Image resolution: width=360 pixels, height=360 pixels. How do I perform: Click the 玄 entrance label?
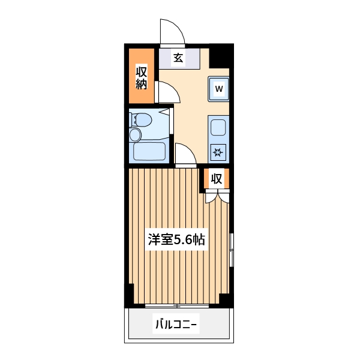(x=178, y=58)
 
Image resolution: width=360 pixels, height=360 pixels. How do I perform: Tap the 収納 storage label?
(x=141, y=77)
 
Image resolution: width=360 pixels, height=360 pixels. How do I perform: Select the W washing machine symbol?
(x=219, y=89)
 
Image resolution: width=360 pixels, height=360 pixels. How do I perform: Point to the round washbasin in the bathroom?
(x=136, y=134)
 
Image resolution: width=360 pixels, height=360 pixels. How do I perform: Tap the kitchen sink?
(x=218, y=127)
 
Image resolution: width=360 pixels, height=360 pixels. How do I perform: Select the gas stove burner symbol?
(x=218, y=152)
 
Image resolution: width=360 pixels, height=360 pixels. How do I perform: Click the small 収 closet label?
(x=217, y=178)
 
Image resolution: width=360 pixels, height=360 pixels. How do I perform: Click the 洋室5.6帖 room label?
(x=177, y=240)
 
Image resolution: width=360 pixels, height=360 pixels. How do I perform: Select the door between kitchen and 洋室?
(x=185, y=155)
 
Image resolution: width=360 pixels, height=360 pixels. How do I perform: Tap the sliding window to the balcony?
(x=177, y=306)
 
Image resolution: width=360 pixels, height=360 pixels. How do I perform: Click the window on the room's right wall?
(x=232, y=249)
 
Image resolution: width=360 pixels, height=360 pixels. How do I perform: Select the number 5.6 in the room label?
(x=183, y=240)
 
